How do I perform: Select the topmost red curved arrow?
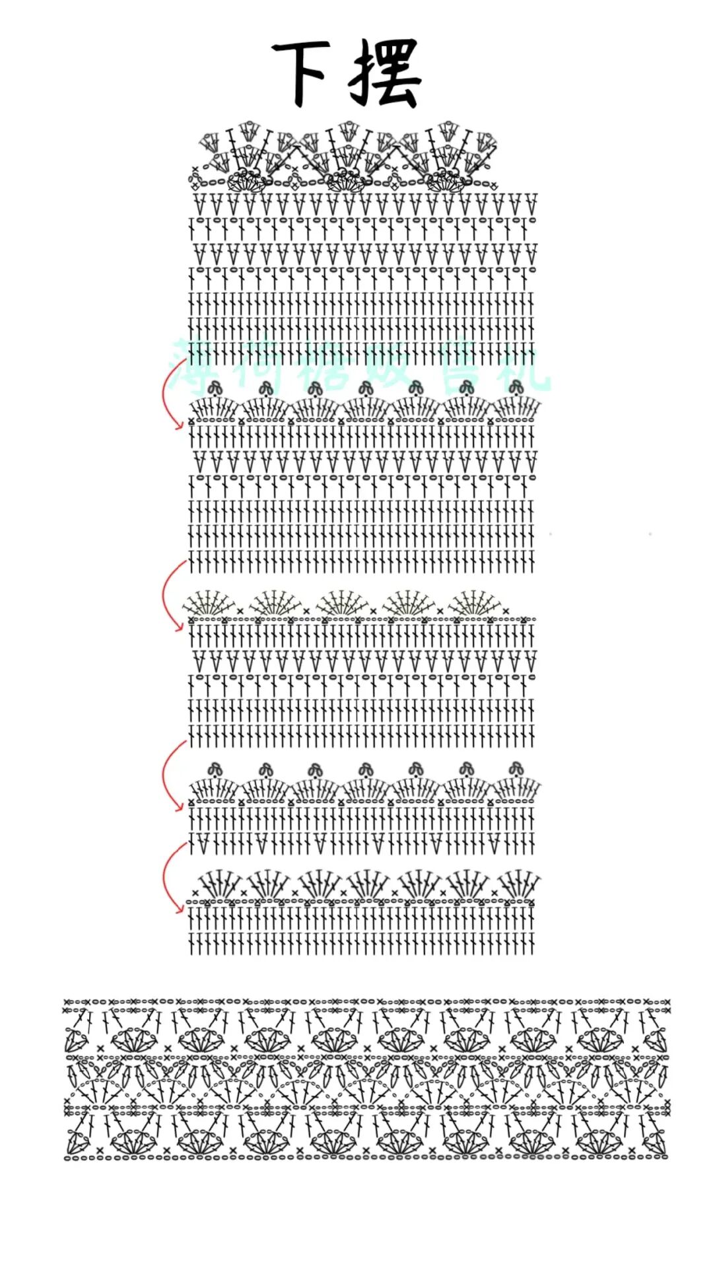tap(170, 396)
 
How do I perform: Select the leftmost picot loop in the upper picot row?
tap(214, 388)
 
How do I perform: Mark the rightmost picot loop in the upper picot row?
tap(516, 387)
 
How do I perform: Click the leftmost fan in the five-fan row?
tap(209, 603)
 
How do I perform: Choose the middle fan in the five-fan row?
tap(342, 603)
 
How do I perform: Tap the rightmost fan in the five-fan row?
tap(475, 603)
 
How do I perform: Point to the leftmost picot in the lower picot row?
tap(215, 769)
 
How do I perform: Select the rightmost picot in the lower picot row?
tap(516, 769)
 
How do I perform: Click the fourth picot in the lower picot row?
tap(366, 769)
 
